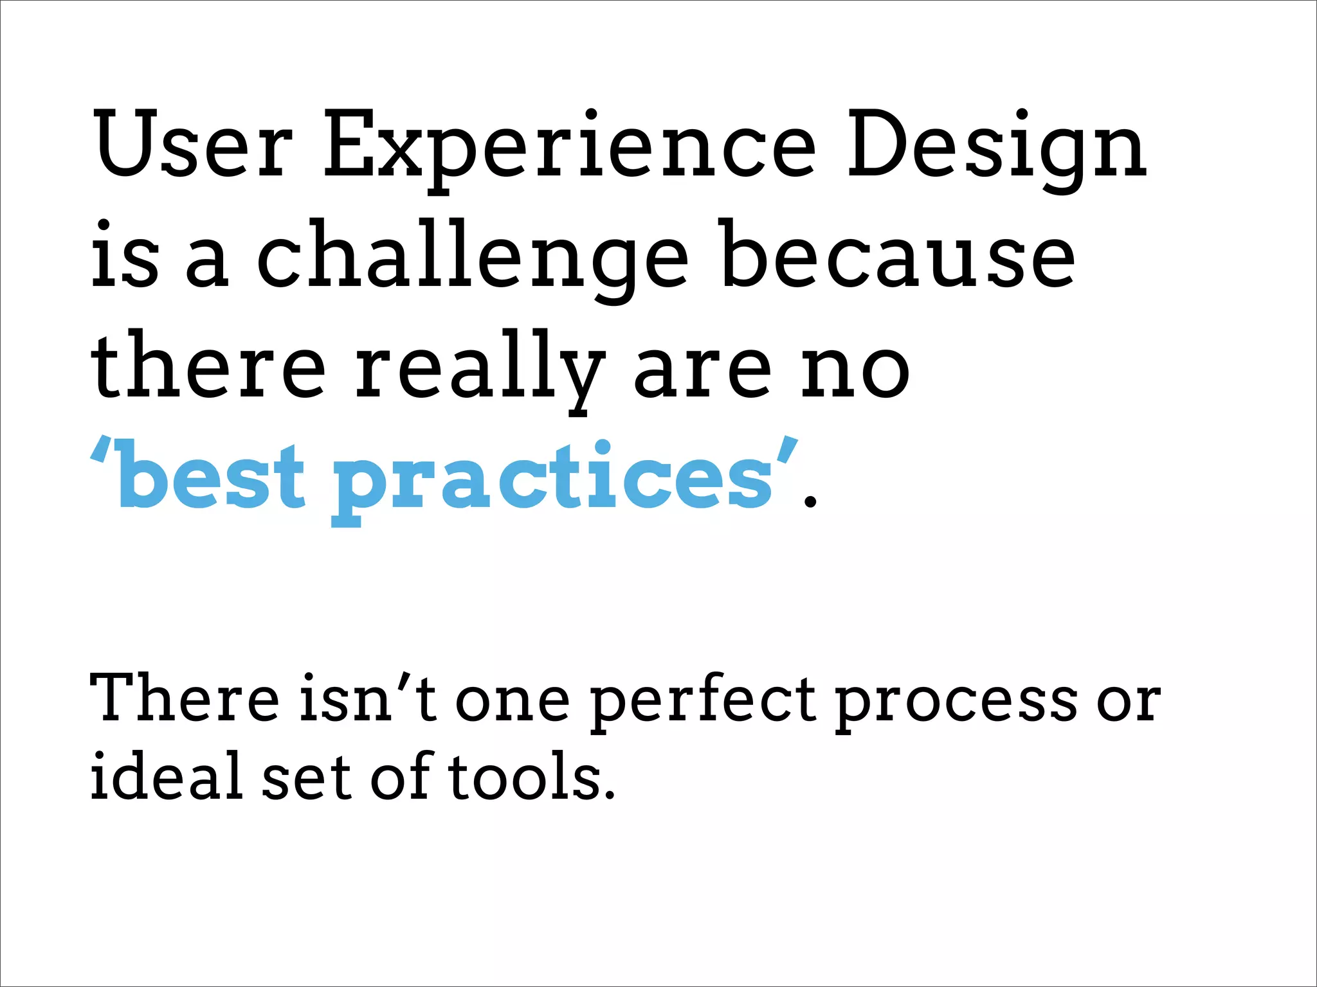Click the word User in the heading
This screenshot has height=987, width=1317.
[192, 144]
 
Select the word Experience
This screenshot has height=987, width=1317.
[569, 148]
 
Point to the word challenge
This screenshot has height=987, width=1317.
[473, 257]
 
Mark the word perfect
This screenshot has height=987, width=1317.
[704, 700]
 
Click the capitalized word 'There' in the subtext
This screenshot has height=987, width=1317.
[184, 697]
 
